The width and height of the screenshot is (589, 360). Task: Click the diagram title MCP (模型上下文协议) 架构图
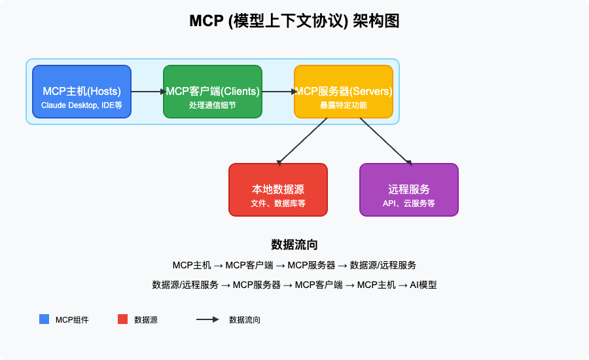294,21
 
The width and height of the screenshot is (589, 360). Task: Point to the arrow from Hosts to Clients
147,92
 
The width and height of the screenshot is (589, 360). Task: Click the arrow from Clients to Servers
278,92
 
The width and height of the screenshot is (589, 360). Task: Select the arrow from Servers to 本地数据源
302,141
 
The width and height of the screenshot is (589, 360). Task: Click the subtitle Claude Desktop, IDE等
82,105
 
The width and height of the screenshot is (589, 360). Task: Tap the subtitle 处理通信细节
213,105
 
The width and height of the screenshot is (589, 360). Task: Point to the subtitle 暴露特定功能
344,105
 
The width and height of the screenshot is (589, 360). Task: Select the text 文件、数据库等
278,204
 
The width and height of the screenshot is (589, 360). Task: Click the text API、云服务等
409,204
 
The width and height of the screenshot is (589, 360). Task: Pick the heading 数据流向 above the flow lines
294,245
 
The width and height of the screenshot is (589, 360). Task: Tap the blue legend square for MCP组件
44,319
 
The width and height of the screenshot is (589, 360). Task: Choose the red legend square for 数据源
122,319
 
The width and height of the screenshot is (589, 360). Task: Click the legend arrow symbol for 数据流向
207,319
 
